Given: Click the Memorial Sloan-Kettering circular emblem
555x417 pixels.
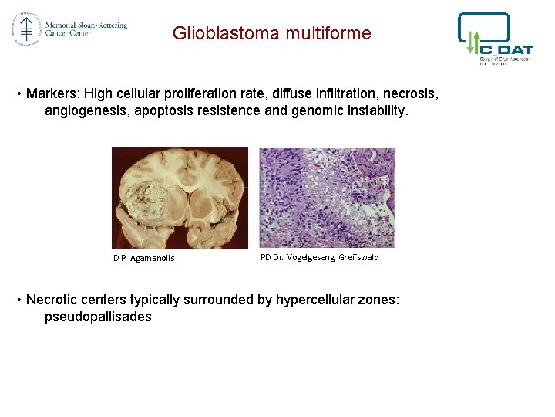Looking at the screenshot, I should pos(25,29).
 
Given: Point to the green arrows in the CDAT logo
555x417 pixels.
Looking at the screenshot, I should pos(473,42).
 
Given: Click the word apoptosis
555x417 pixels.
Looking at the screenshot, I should pos(165,110).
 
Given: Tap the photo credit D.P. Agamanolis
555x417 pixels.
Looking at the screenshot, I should pos(143,258).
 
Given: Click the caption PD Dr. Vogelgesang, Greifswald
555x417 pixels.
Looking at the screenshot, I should pos(319,257).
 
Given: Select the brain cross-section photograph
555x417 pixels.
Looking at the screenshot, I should pos(180,198).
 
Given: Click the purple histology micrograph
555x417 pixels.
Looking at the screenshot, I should pos(327,198).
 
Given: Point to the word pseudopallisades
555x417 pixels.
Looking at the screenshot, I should pos(98,317).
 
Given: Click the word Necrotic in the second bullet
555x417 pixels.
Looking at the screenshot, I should pos(53,300).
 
